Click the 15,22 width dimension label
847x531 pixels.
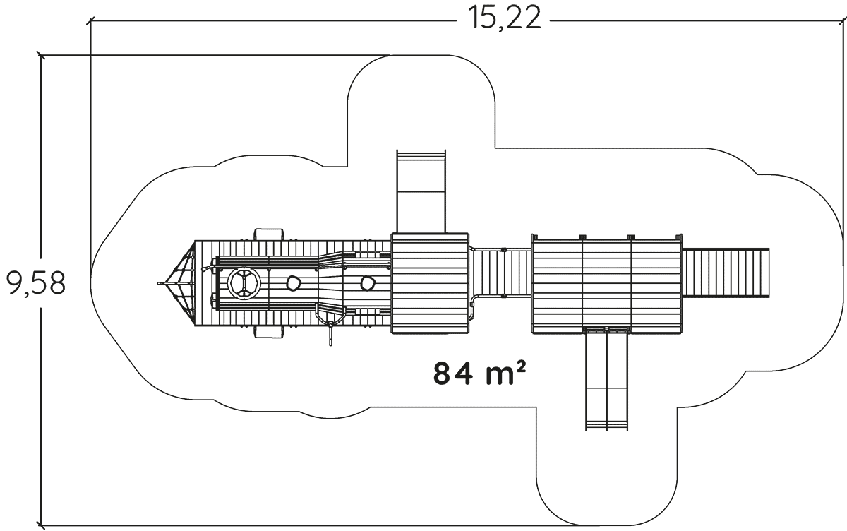(503, 18)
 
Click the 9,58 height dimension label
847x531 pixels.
(36, 283)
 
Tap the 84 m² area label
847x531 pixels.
(480, 372)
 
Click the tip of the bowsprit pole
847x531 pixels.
(159, 284)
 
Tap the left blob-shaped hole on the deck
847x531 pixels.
(292, 284)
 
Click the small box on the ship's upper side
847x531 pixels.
(269, 234)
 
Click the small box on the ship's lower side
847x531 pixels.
(269, 333)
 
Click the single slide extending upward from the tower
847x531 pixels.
(421, 191)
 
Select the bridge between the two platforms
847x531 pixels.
(500, 274)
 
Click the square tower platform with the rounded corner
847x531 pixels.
(430, 283)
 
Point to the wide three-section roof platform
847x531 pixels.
(607, 283)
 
